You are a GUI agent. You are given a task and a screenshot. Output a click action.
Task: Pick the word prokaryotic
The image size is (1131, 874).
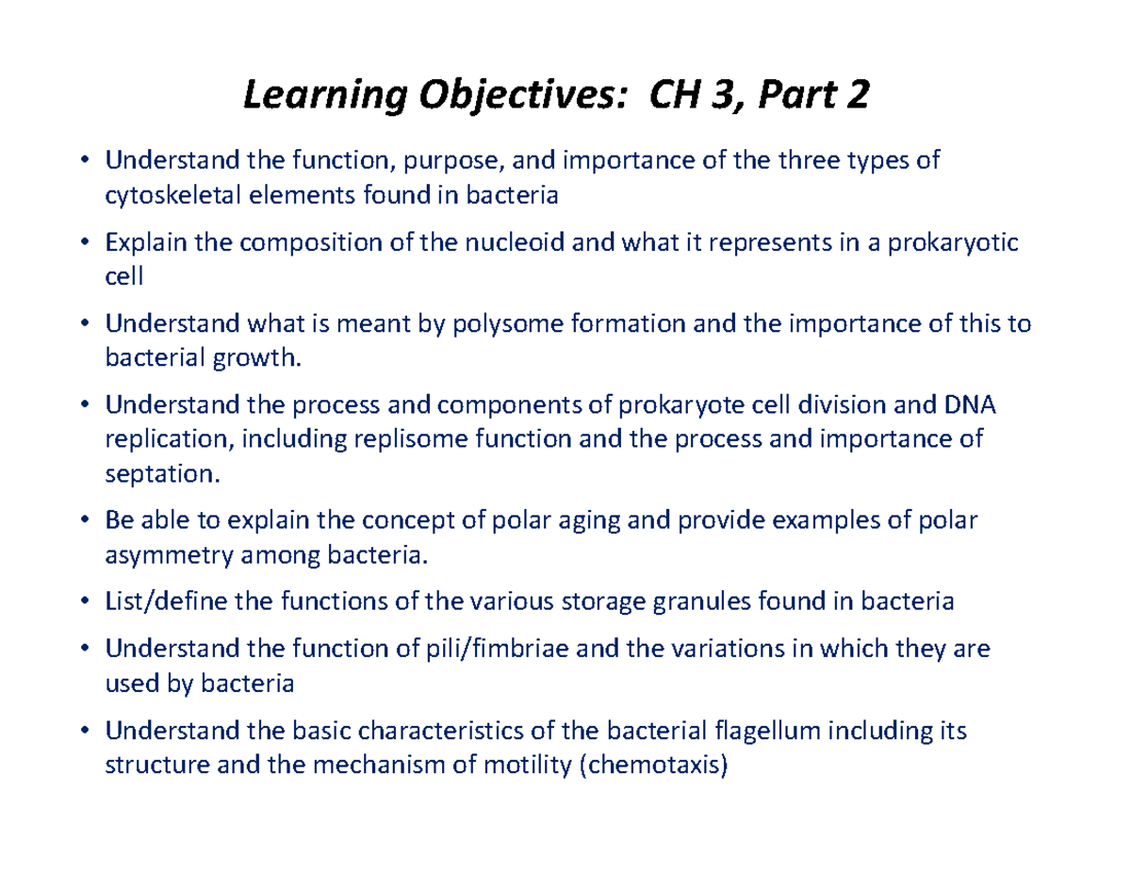[x=953, y=243]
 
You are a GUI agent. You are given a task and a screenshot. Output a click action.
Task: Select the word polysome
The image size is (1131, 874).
[x=510, y=324]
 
